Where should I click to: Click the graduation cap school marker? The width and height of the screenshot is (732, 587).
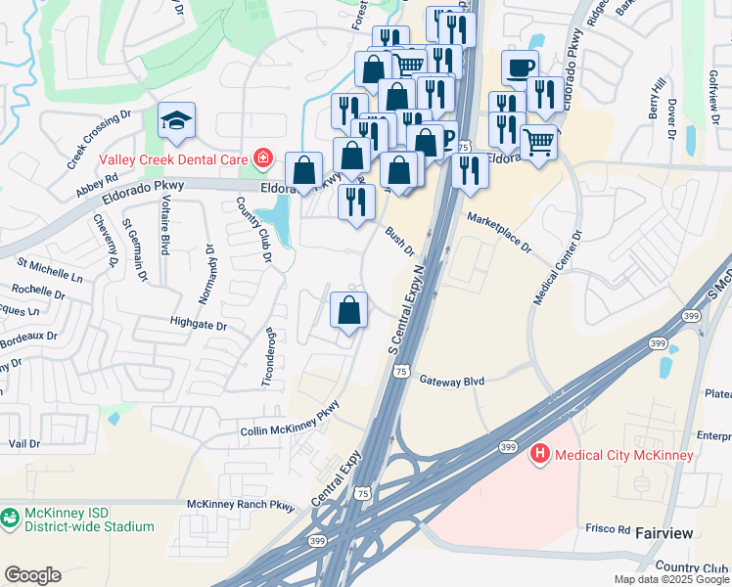pos(177,121)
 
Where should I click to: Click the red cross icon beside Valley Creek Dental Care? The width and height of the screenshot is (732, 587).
pos(261,157)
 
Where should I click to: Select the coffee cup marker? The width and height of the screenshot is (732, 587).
pos(519,68)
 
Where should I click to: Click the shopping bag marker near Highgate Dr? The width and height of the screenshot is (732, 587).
pos(349,312)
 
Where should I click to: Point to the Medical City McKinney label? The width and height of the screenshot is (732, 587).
pos(623,454)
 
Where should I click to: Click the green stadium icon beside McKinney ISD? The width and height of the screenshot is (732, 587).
pos(11,519)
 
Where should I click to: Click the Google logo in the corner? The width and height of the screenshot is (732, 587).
pos(32,574)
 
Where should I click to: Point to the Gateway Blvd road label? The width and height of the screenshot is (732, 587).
pos(452,380)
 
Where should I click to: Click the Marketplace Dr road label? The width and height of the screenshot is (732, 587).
pos(498,233)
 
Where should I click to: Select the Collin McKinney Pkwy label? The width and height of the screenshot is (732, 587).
pos(290,419)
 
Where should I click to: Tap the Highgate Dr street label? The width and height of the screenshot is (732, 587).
pos(198,324)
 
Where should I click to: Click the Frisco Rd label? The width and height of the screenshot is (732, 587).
pos(607,528)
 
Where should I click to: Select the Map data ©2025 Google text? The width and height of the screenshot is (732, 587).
pos(670,579)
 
